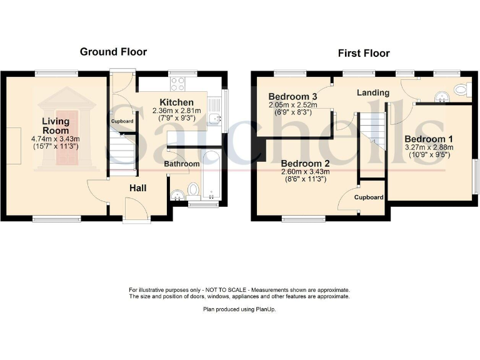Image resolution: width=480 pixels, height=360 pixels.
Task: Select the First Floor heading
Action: [x=364, y=53]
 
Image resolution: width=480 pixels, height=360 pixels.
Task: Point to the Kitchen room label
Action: [x=176, y=102]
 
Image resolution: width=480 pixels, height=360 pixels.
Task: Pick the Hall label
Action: [x=139, y=187]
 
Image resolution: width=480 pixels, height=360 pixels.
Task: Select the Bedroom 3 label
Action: [x=292, y=96]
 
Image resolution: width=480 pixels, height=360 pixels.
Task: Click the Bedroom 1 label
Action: [x=428, y=139]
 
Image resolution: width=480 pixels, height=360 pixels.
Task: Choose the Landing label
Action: [x=373, y=92]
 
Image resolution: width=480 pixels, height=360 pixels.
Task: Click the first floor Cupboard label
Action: [x=369, y=197]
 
